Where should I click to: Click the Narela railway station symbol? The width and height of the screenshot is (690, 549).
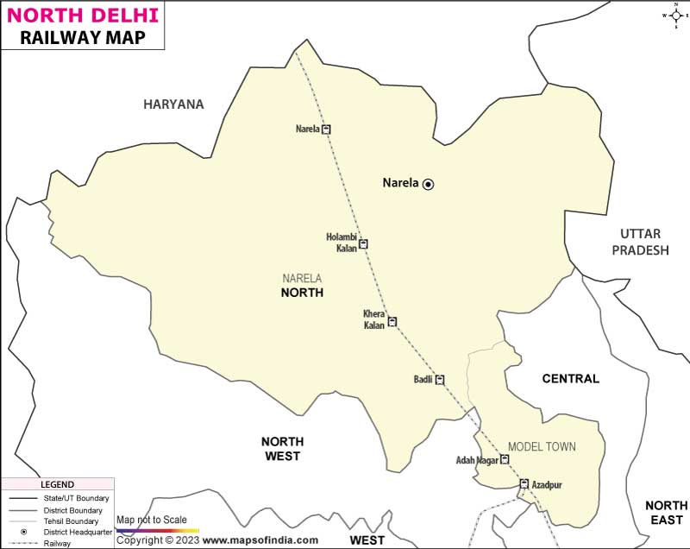[x=326, y=129]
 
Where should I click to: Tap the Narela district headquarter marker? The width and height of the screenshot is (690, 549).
[x=428, y=184]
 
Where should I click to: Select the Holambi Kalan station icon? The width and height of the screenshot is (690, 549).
[x=363, y=244]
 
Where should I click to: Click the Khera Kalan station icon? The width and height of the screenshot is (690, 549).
[x=392, y=322]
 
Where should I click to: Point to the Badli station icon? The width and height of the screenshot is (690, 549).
[x=440, y=379]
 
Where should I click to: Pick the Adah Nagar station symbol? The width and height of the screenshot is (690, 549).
[x=505, y=460]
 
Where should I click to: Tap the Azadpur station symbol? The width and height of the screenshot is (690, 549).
[x=524, y=484]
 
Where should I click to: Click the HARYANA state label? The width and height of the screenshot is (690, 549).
[x=173, y=104]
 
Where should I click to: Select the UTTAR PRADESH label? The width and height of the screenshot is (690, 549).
[x=639, y=242]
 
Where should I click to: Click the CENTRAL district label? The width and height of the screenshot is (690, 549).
[x=570, y=378]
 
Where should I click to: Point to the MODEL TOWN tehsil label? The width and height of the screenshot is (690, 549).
[x=542, y=446]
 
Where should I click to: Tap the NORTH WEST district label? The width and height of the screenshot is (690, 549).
[x=281, y=448]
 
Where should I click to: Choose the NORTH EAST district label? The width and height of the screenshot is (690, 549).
[x=666, y=512]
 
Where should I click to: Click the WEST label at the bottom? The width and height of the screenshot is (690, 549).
[x=367, y=540]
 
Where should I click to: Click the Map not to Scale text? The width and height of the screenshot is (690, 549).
[x=151, y=520]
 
